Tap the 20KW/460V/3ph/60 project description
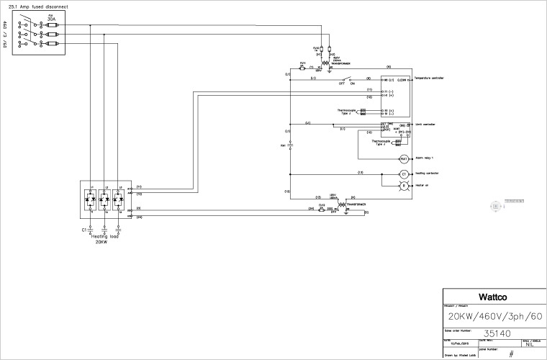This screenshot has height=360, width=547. [x=494, y=316]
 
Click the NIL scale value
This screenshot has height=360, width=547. [x=529, y=344]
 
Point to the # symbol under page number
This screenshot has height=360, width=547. [x=511, y=354]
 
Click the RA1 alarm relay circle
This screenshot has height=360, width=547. [x=404, y=158]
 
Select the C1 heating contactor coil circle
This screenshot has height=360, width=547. [x=404, y=174]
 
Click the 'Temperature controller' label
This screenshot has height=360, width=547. [x=430, y=78]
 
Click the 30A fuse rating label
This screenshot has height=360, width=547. [x=51, y=19]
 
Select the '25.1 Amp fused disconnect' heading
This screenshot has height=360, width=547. [x=39, y=6]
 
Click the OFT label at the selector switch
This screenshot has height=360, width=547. [x=342, y=84]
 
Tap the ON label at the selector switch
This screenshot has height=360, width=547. [x=353, y=84]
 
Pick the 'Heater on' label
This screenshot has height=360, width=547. [x=421, y=185]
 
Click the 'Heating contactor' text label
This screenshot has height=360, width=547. [x=427, y=174]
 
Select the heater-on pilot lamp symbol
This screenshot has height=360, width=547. [x=404, y=186]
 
